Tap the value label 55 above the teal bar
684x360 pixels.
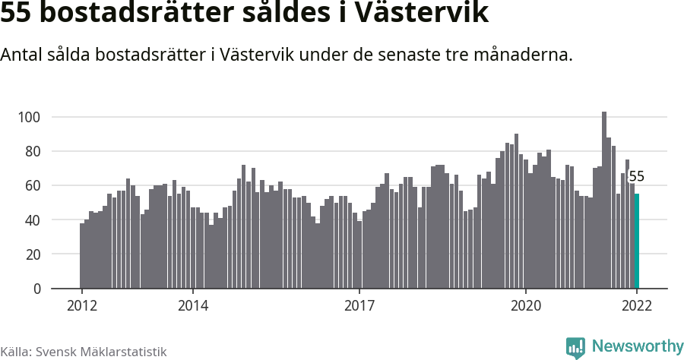[x=637, y=177]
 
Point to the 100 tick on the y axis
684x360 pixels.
[x=29, y=117]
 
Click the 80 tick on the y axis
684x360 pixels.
[x=32, y=151]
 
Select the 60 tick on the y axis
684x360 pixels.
[x=32, y=185]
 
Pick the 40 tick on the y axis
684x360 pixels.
[x=32, y=220]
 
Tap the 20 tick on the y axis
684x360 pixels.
[x=32, y=254]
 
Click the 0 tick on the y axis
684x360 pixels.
[x=36, y=289]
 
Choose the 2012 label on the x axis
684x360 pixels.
[x=81, y=306]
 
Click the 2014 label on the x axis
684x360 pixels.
[x=193, y=306]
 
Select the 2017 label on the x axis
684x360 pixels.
[x=359, y=306]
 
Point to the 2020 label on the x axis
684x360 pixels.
[x=526, y=306]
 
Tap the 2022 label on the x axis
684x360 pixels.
[x=637, y=306]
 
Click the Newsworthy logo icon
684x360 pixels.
[x=575, y=347]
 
